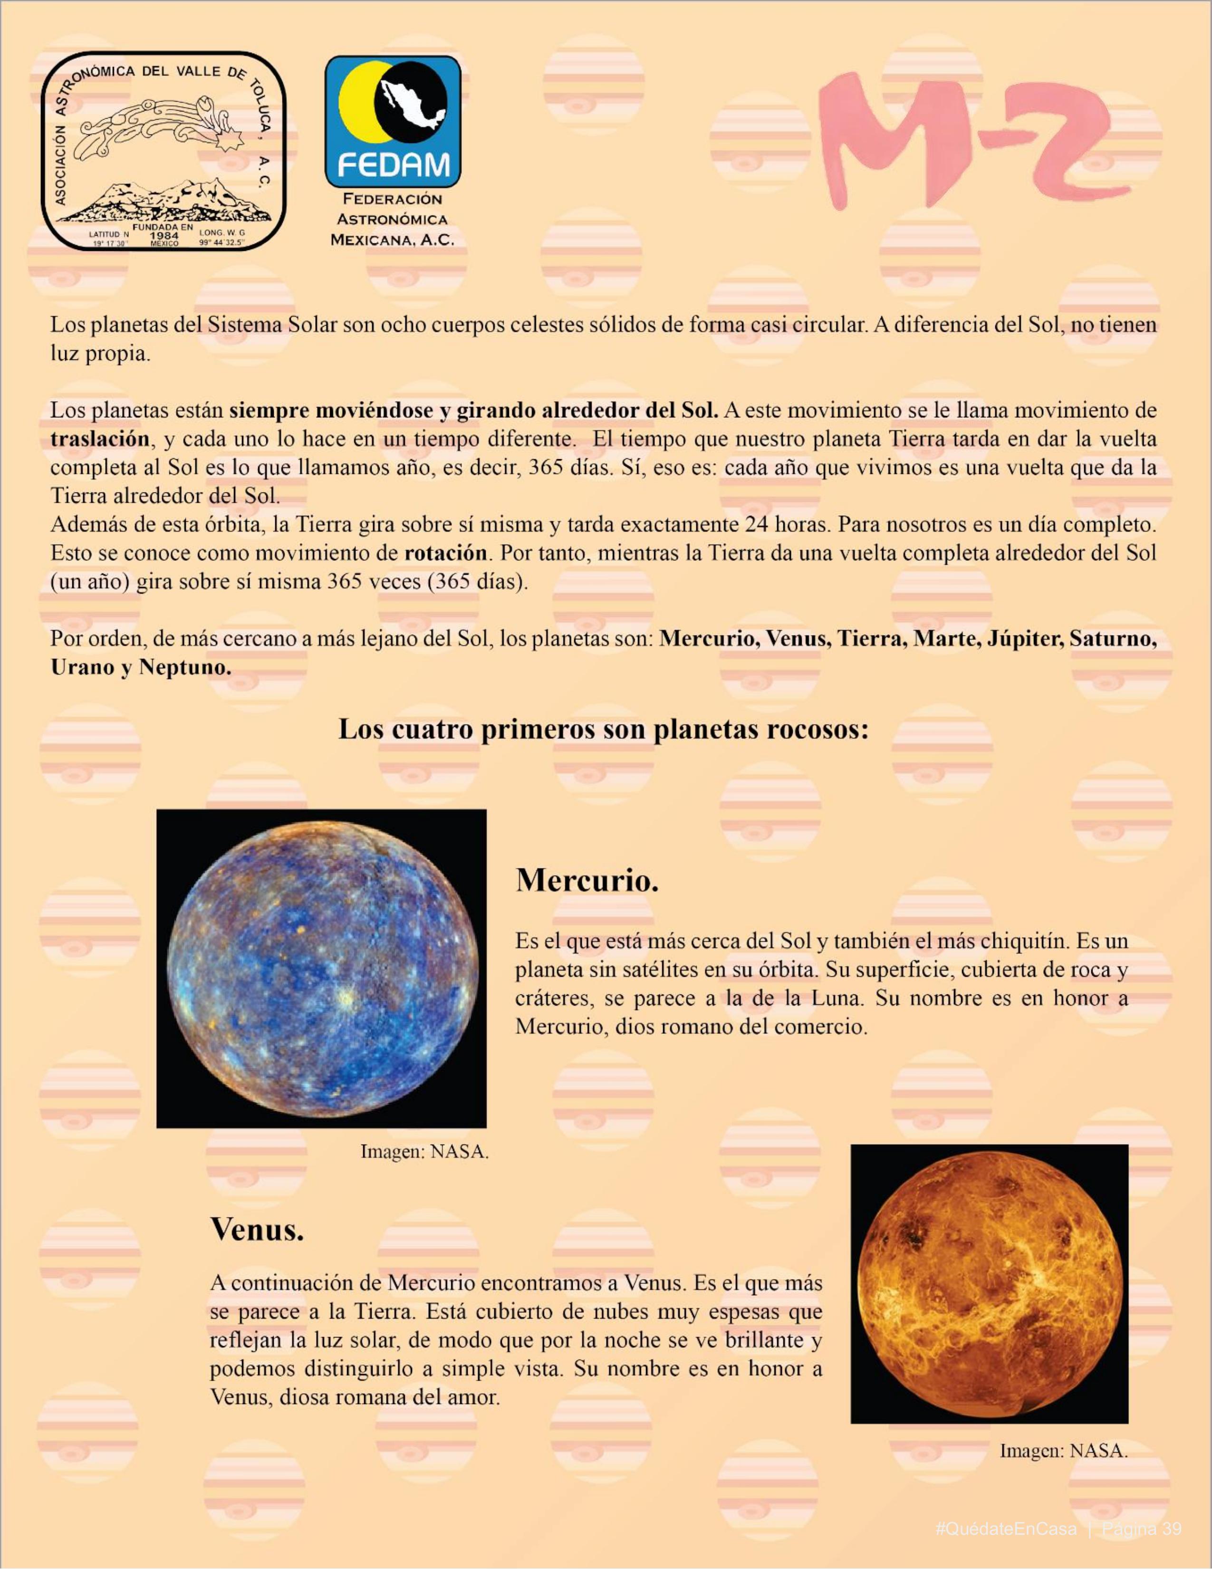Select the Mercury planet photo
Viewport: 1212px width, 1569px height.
[321, 968]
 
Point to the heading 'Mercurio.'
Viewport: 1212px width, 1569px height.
[586, 881]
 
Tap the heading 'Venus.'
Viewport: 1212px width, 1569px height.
[257, 1229]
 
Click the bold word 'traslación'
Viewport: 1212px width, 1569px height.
[100, 438]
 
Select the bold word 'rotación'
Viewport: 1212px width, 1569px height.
[445, 553]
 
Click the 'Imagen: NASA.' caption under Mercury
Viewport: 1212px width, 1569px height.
[424, 1152]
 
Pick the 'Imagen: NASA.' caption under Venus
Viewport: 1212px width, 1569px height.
[1063, 1451]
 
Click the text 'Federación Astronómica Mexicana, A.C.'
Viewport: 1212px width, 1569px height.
[392, 219]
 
